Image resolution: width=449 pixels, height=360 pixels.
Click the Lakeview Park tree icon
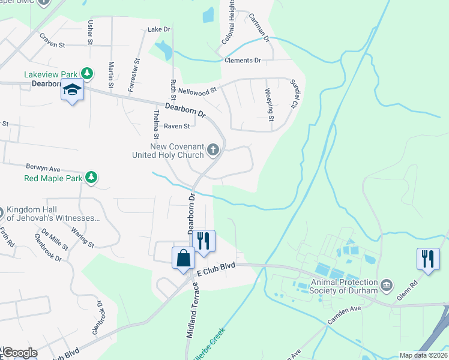(88, 74)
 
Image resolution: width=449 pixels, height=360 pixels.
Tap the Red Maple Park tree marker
(91, 177)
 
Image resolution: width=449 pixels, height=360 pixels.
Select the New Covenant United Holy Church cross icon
(213, 150)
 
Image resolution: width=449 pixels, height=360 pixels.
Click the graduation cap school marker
(72, 91)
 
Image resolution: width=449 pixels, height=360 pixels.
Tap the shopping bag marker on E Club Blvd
(184, 259)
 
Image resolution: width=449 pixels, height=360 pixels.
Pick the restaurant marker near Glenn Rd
(427, 259)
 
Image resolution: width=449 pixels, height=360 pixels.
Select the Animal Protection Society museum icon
(387, 283)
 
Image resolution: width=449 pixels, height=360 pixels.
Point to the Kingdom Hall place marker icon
(1, 213)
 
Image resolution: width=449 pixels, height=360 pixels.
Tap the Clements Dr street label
(243, 61)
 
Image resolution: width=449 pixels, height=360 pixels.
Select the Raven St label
(177, 127)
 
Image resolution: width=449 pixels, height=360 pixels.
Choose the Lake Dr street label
(159, 29)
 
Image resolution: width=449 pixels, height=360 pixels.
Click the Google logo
(20, 353)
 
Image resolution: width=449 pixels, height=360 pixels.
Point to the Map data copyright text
(424, 355)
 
